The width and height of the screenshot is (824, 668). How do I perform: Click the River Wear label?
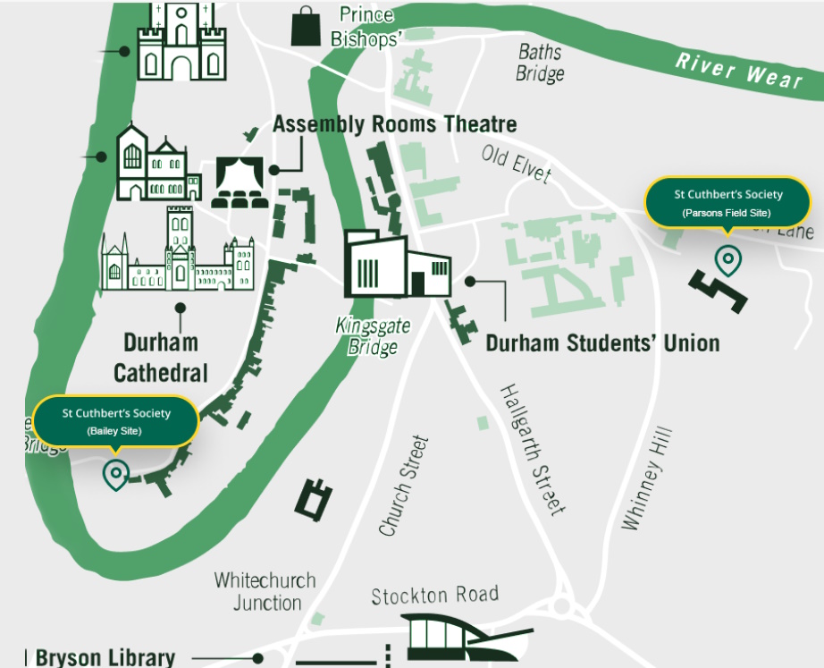click(x=738, y=71)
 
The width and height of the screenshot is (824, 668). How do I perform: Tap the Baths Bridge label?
click(x=540, y=63)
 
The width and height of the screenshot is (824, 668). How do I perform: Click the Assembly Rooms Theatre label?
click(x=394, y=124)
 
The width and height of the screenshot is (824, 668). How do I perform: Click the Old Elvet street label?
click(x=516, y=164)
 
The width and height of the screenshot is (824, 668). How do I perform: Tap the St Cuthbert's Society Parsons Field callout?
click(x=727, y=203)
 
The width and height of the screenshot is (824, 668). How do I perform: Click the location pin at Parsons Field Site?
click(x=728, y=260)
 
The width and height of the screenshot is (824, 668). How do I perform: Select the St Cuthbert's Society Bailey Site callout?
click(x=115, y=421)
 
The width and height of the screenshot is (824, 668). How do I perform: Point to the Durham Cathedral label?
click(x=161, y=358)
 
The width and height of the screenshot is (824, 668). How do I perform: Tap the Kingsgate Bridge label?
click(x=373, y=336)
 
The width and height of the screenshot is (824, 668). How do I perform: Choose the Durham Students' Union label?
click(x=602, y=343)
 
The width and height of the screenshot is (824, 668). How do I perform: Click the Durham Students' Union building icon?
click(x=398, y=265)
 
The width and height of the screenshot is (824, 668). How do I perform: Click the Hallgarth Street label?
click(x=532, y=450)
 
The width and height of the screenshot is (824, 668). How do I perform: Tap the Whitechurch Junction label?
click(x=265, y=591)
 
